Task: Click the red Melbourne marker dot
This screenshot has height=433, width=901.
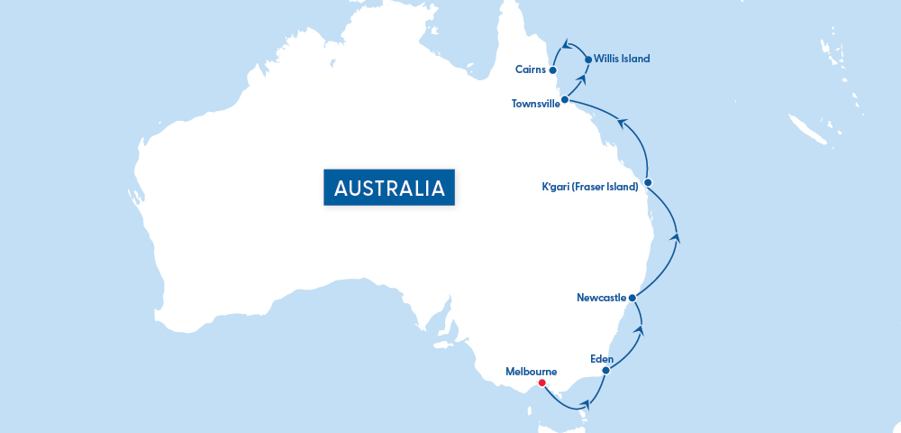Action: coord(542,382)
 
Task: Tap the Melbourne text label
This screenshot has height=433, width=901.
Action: coord(531,371)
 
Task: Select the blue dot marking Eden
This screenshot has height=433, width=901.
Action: coord(605,370)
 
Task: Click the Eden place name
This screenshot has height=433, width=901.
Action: coord(602,358)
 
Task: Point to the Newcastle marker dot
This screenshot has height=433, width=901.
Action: coord(633,297)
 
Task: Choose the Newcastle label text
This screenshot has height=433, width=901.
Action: coord(601,297)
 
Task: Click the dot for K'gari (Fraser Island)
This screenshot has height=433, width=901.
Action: coord(648,182)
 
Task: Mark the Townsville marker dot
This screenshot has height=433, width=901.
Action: coord(564,99)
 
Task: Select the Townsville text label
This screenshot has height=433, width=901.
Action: coord(535,104)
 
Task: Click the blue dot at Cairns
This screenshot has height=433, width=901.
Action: coord(552,69)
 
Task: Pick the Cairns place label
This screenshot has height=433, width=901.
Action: coord(530,69)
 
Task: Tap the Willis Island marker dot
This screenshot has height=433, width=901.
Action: coord(588,60)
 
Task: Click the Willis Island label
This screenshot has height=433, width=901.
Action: coord(622,59)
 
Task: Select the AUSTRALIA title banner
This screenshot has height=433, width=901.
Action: coord(389,188)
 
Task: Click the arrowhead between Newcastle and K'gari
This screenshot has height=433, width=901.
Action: coord(676,238)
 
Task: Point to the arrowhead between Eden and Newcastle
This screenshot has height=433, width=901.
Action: coord(640,331)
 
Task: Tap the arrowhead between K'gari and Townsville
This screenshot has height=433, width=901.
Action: coord(622,121)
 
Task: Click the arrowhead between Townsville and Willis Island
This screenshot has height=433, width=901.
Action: coord(582,79)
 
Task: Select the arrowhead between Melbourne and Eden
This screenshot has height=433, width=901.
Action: coord(588,405)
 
